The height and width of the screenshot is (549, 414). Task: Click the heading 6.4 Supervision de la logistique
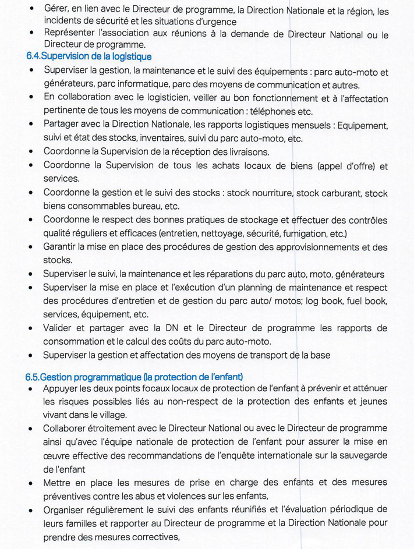click(89, 56)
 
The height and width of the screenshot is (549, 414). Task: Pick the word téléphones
click(272, 111)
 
